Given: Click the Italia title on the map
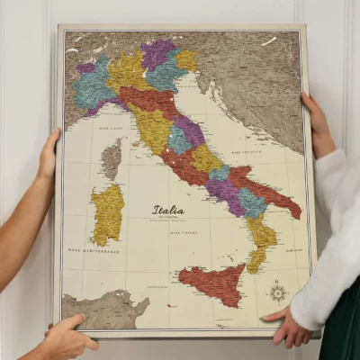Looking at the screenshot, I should coord(167,211).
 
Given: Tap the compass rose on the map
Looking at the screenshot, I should coord(278,292).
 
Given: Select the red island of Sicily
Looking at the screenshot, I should coord(212,284).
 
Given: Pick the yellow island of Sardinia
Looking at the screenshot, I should coord(107,213).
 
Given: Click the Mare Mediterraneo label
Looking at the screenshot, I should coord(93,250).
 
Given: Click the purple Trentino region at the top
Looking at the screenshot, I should coord(158,54).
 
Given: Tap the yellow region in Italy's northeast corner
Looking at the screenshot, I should coord(187,59).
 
